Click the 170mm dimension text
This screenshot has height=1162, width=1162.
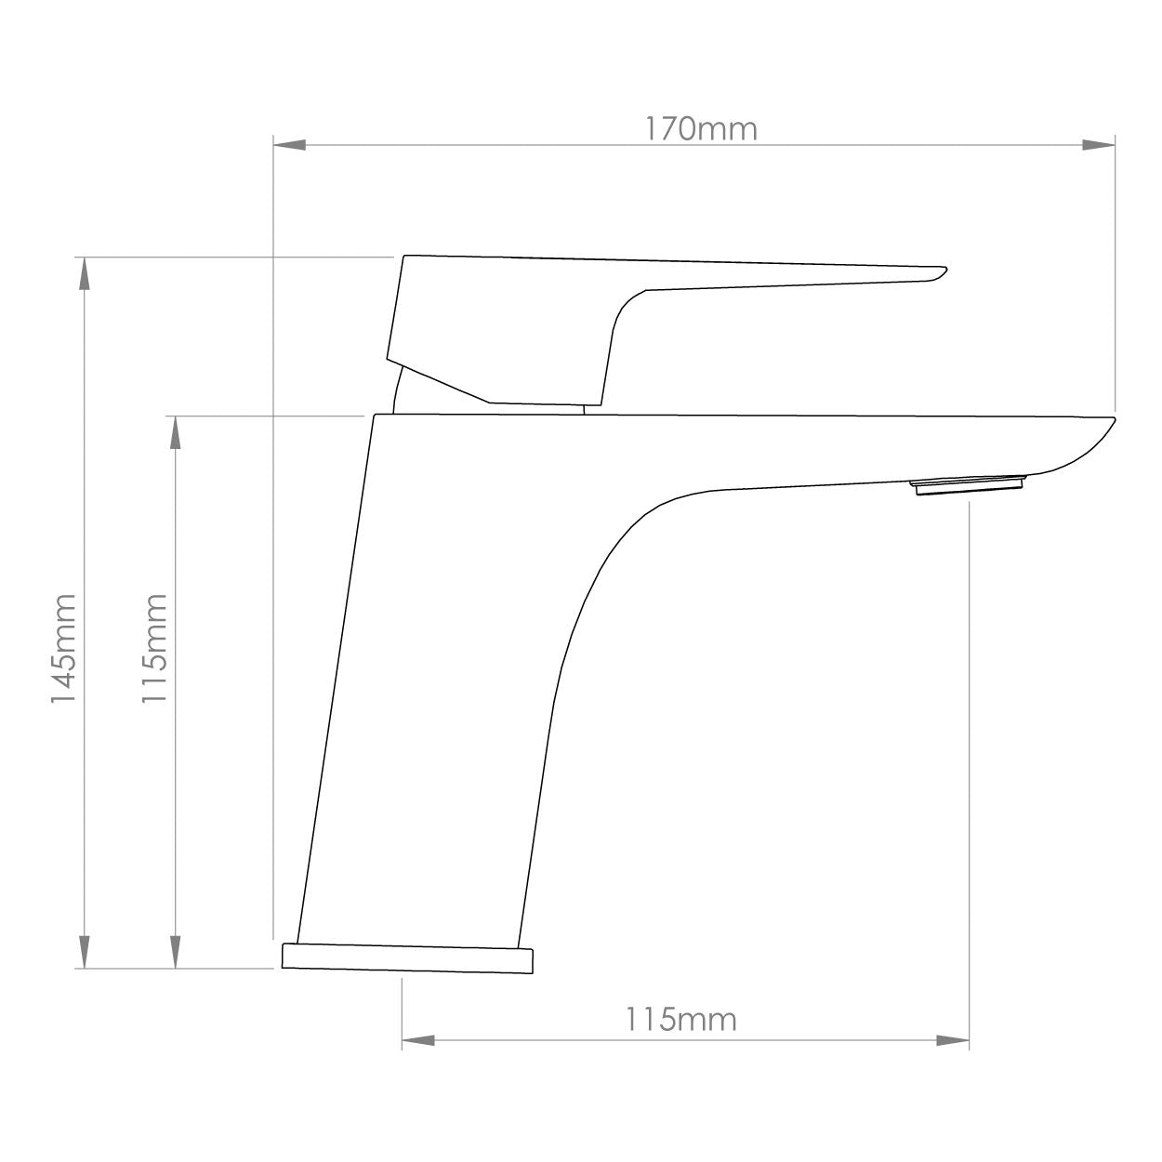702,129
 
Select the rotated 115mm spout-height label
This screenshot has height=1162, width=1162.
154,648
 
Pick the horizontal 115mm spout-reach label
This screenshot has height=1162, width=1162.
680,1020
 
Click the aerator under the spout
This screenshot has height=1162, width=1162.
970,485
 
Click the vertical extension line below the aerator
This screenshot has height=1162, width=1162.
970,744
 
